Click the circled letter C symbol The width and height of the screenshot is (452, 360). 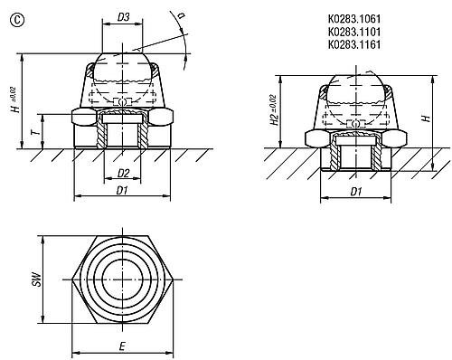(x=17, y=20)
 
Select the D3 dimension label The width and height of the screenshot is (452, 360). (x=123, y=17)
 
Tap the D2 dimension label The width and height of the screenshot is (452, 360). (x=123, y=173)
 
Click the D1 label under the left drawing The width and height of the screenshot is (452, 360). (x=122, y=190)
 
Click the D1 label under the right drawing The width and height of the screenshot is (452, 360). (x=356, y=192)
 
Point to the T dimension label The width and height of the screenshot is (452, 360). (x=35, y=131)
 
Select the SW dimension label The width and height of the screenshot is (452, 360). (x=36, y=279)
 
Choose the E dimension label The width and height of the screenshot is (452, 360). (x=122, y=346)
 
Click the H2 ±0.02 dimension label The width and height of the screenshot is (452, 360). (x=273, y=110)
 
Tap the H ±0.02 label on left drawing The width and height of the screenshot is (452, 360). (x=16, y=99)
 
